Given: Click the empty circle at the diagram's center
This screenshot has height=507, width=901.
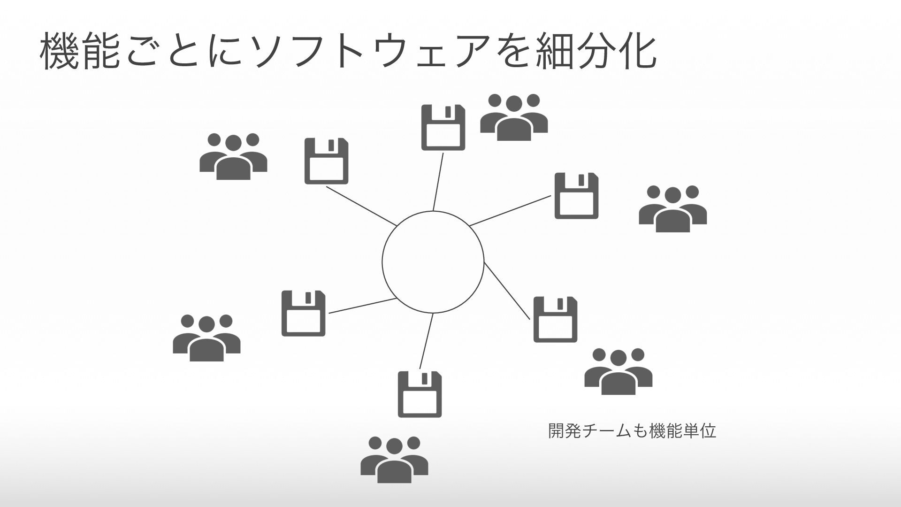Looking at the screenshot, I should click(x=433, y=262).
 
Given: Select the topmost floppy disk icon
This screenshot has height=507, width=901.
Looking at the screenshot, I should click(x=443, y=127).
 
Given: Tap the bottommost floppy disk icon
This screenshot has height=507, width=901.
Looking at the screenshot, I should click(x=420, y=394).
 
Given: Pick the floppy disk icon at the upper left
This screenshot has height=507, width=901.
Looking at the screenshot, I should click(x=326, y=161).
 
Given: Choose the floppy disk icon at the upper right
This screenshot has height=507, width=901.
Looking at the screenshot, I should click(x=576, y=196).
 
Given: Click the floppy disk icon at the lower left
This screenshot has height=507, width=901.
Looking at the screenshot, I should click(x=303, y=313).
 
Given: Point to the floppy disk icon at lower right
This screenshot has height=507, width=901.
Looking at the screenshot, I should click(x=555, y=319).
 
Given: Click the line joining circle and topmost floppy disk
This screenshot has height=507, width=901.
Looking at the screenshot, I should click(x=438, y=182).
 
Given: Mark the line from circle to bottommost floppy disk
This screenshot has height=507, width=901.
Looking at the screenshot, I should click(x=426, y=341).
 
